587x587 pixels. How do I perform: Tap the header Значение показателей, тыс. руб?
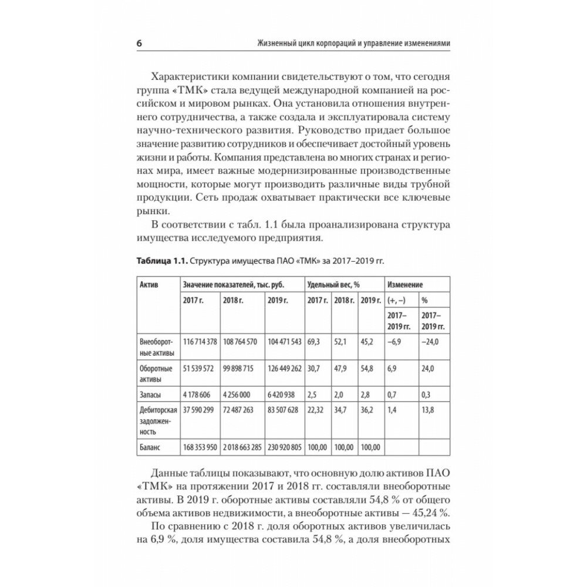click(233, 284)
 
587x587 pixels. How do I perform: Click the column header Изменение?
click(405, 284)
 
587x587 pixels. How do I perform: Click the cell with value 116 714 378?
click(200, 341)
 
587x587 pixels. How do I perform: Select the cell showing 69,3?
click(313, 341)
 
